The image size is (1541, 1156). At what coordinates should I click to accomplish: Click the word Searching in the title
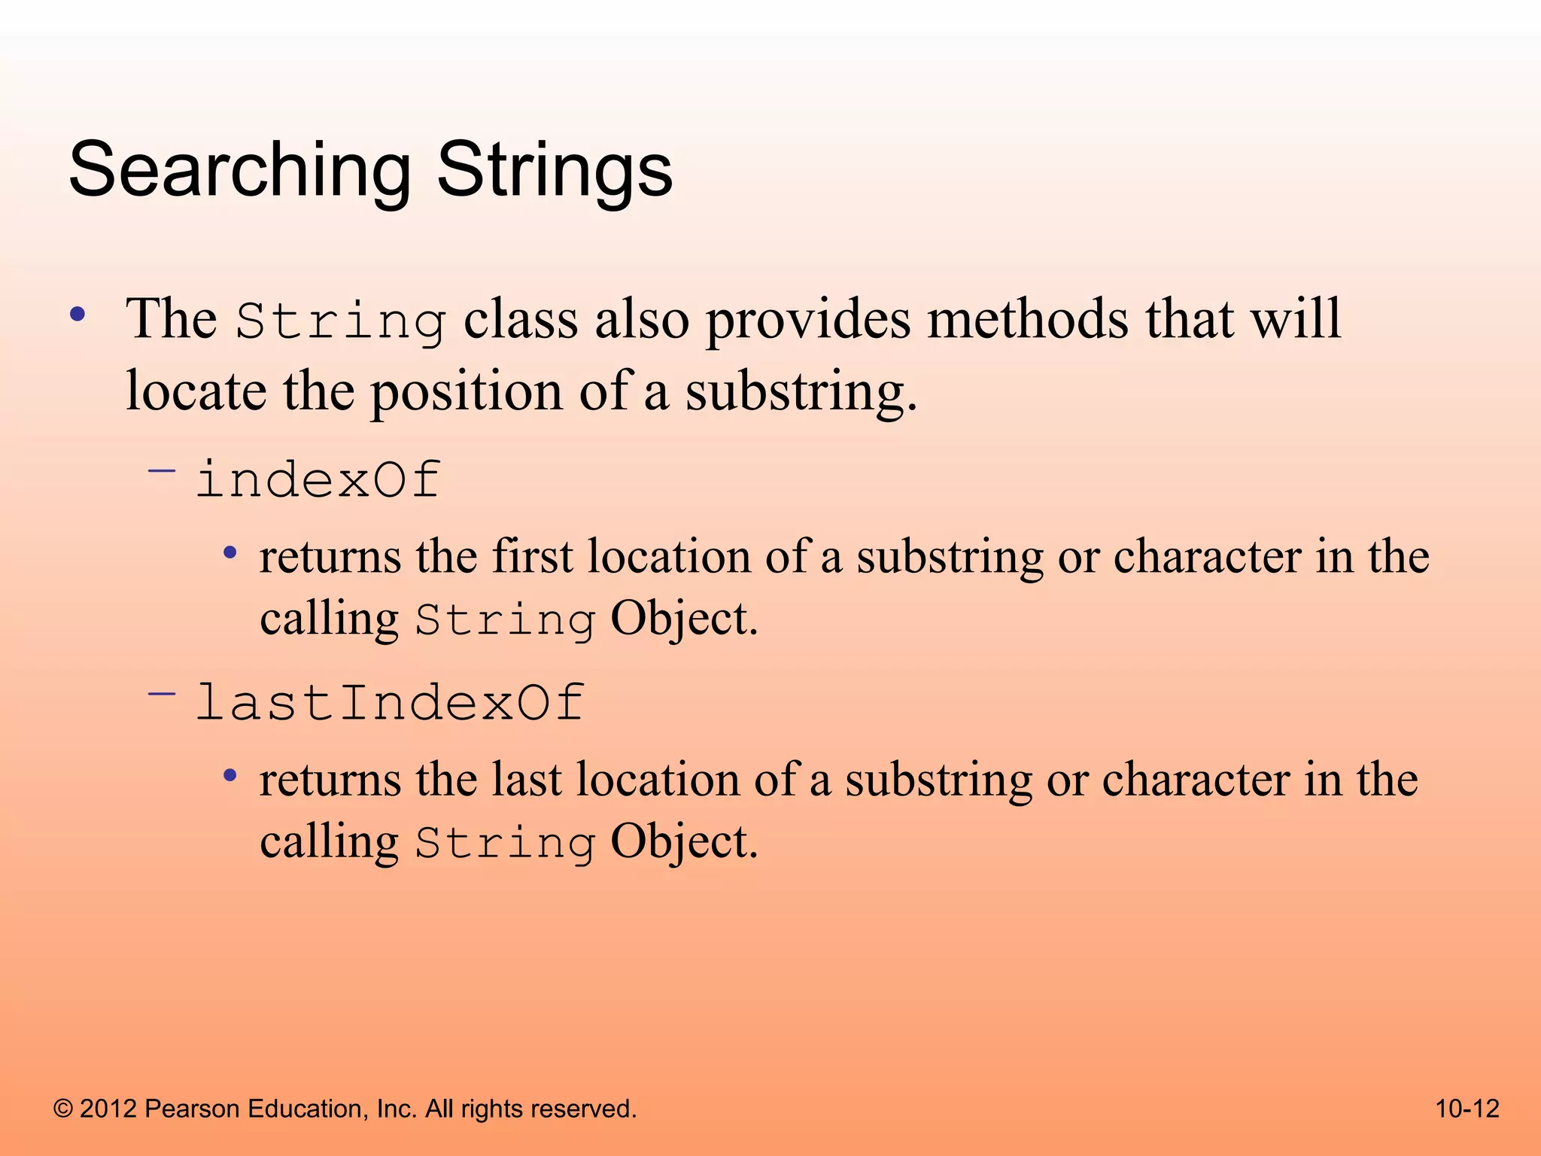tap(239, 171)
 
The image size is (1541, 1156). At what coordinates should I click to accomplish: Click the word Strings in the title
tap(555, 171)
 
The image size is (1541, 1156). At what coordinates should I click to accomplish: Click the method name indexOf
tap(318, 480)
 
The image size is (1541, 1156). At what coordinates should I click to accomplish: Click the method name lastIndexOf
tap(390, 703)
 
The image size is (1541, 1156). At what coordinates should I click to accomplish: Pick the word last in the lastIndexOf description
tap(526, 780)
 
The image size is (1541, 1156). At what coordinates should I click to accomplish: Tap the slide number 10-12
tap(1467, 1109)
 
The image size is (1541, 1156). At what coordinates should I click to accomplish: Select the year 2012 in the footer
tap(108, 1109)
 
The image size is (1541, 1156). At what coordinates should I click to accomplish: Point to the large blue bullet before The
tap(78, 315)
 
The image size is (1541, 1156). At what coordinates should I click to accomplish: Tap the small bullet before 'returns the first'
tap(230, 554)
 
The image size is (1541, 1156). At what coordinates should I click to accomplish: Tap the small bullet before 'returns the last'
tap(230, 776)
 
